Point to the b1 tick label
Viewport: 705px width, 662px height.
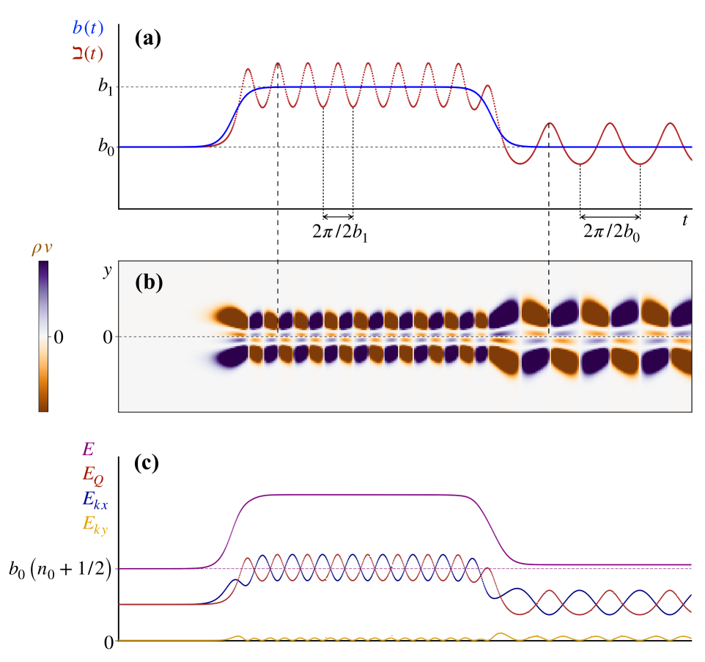pos(106,87)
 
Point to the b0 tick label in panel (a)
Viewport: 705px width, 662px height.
pos(106,146)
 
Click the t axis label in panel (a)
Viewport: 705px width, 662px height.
pos(684,220)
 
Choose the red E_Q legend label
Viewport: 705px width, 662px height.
pos(92,480)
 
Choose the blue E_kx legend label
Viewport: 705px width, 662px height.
pos(95,501)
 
